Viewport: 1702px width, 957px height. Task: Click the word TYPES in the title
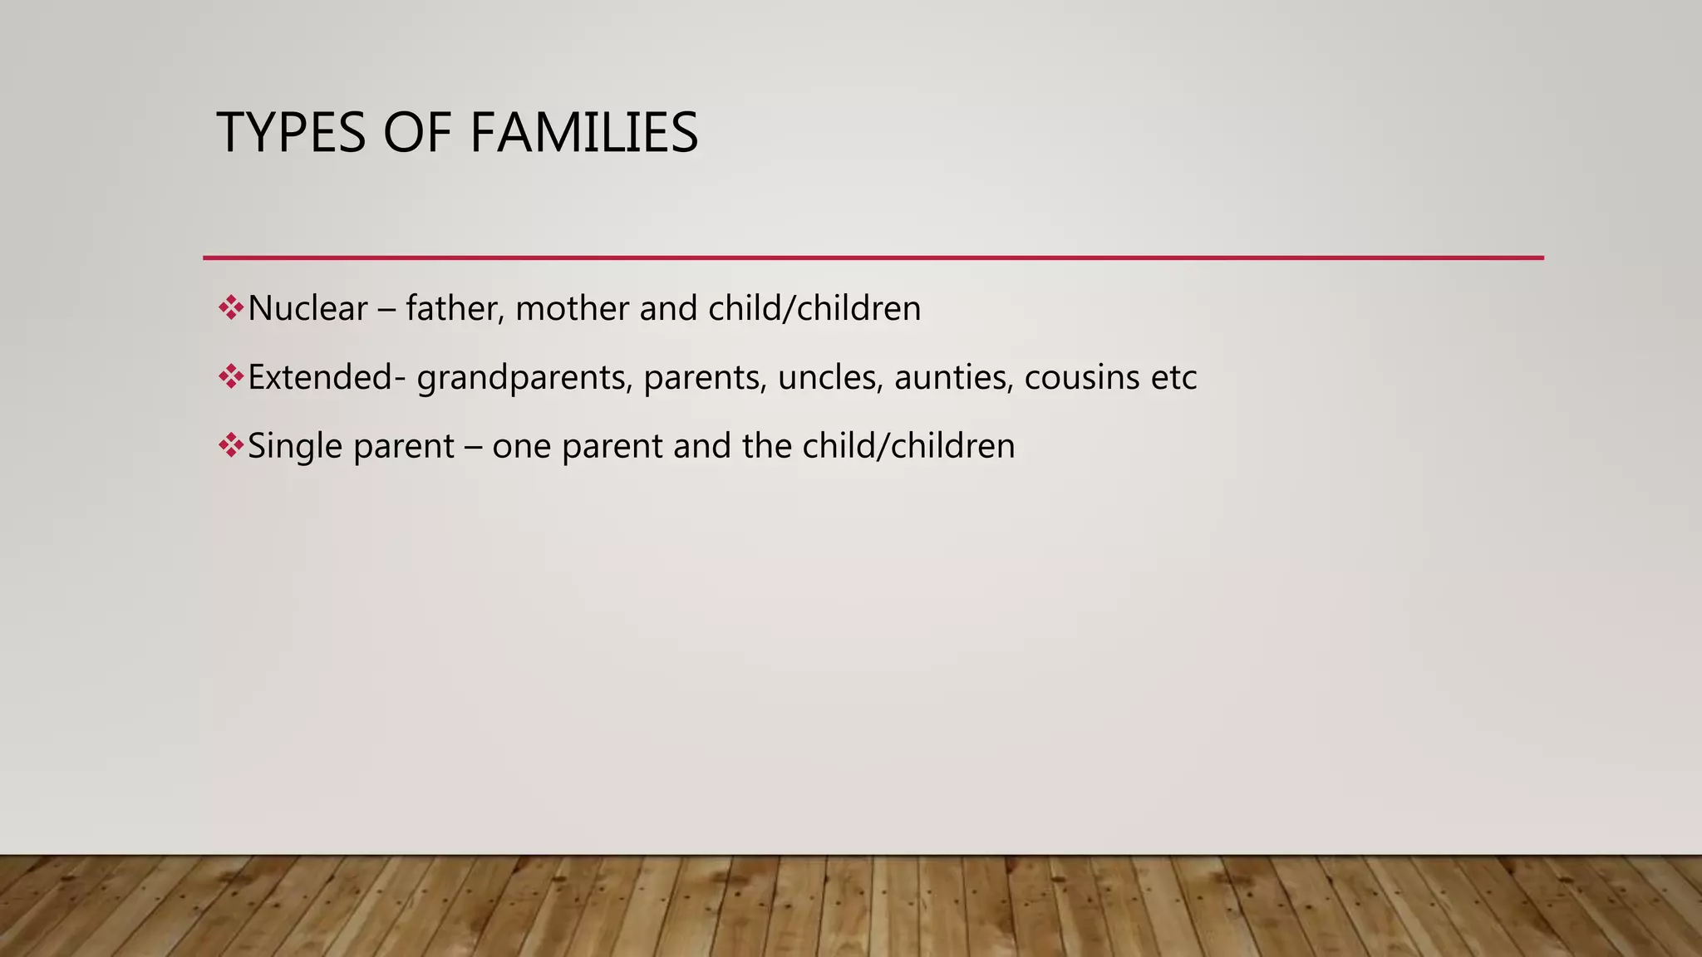tap(291, 133)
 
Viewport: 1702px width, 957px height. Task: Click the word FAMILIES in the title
tap(583, 133)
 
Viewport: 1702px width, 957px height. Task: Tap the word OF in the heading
tap(417, 133)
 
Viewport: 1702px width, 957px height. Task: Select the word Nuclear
tap(307, 309)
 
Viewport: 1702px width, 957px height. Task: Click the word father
tap(455, 309)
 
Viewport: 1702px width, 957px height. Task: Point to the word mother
tap(573, 309)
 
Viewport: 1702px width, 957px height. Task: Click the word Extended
tap(320, 378)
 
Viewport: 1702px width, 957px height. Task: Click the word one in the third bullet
tap(522, 447)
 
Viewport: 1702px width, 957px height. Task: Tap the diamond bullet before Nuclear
tap(230, 308)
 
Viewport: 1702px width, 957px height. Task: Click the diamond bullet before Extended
tap(230, 377)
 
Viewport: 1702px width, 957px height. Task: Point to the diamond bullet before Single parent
tap(230, 446)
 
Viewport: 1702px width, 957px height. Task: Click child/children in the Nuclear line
tap(814, 309)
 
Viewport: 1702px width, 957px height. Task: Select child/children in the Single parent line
tap(908, 447)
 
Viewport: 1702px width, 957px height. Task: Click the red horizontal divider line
tap(873, 258)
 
